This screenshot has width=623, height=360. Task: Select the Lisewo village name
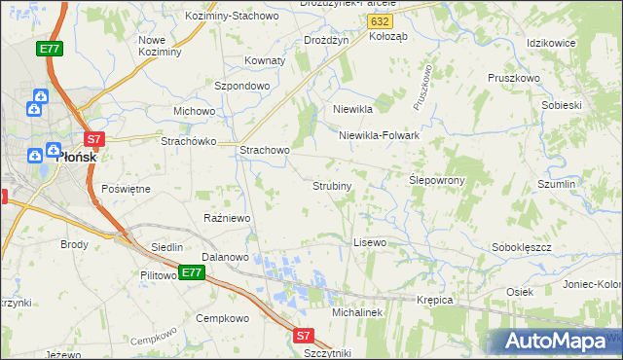pos(370,241)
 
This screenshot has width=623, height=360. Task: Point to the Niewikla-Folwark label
pos(379,135)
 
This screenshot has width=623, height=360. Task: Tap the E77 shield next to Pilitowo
pos(191,272)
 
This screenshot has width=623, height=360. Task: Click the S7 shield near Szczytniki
pos(304,336)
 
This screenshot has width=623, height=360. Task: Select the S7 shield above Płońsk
pos(93,139)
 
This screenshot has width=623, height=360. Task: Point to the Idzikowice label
pos(551,44)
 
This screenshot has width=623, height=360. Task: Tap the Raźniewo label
pos(227,218)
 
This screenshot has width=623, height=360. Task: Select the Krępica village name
pos(435,300)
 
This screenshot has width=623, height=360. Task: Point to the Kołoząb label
pos(388,36)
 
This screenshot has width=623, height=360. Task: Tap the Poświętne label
pos(126,189)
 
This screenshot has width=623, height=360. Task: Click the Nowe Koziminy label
pos(161,46)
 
